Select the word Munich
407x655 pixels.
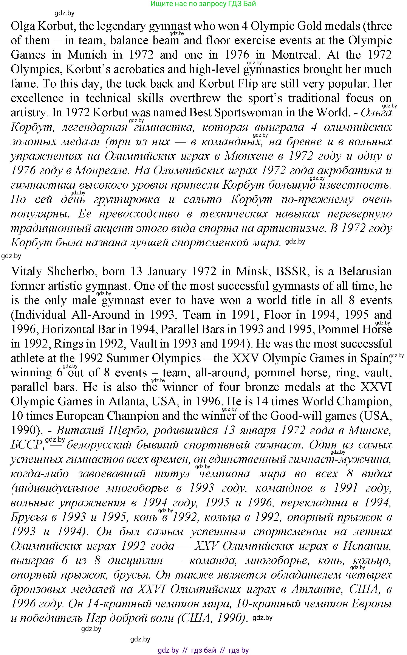coord(87,55)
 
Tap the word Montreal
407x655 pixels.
coord(296,55)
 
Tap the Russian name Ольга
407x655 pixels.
coord(376,113)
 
